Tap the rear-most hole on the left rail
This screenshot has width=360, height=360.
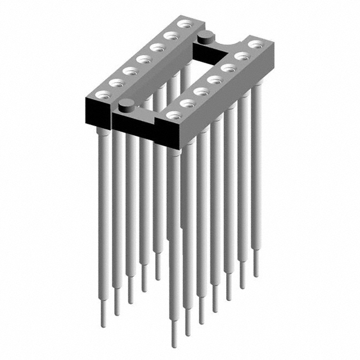pos(183,24)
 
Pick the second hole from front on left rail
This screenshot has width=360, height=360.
pos(116,82)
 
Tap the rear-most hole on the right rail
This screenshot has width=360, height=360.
pos(256,43)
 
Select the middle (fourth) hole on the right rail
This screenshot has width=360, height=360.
pos(214,79)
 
